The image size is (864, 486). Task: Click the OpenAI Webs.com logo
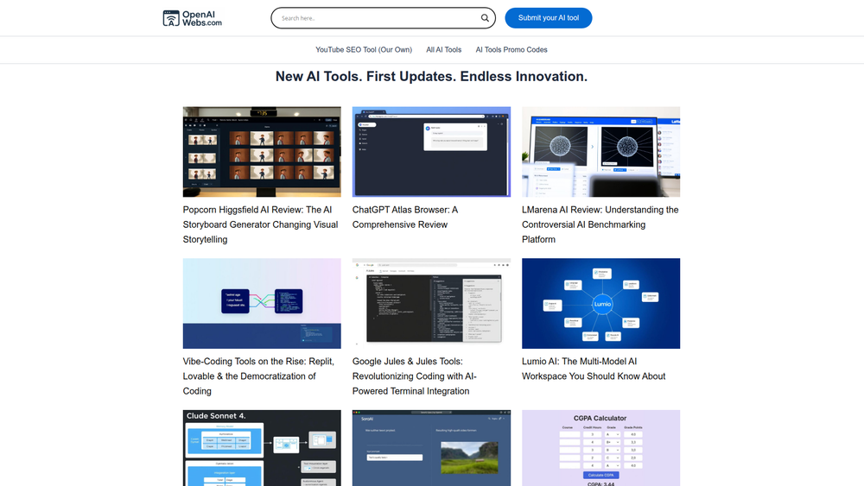point(193,18)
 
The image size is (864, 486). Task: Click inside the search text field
point(376,18)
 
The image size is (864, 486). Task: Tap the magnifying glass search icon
point(485,18)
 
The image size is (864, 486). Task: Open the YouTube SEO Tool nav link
point(364,50)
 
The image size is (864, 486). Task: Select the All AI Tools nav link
point(444,50)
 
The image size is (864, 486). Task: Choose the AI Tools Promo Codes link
point(511,50)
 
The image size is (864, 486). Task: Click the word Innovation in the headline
point(551,77)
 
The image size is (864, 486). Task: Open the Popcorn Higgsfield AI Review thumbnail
point(262,152)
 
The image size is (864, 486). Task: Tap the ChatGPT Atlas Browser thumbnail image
point(431,152)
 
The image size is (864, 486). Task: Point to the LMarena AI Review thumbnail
point(600,152)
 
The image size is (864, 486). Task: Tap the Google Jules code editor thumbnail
point(431,303)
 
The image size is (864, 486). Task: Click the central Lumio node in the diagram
point(601,305)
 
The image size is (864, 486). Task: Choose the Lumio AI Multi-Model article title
point(594,369)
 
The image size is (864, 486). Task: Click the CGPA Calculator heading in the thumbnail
point(600,419)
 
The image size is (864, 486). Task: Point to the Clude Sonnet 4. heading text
point(217,416)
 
